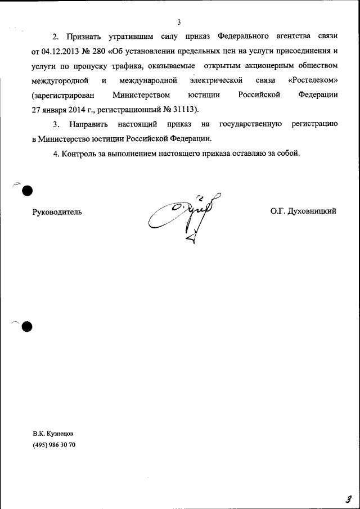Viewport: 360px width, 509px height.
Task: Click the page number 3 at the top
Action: tap(178, 22)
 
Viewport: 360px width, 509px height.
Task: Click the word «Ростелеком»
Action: tap(313, 80)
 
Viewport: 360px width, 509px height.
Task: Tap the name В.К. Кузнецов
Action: tap(53, 434)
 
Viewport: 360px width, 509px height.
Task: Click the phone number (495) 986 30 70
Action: tap(54, 445)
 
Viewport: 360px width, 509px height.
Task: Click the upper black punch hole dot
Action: tap(27, 191)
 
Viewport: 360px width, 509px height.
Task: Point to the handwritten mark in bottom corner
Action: tap(349, 498)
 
